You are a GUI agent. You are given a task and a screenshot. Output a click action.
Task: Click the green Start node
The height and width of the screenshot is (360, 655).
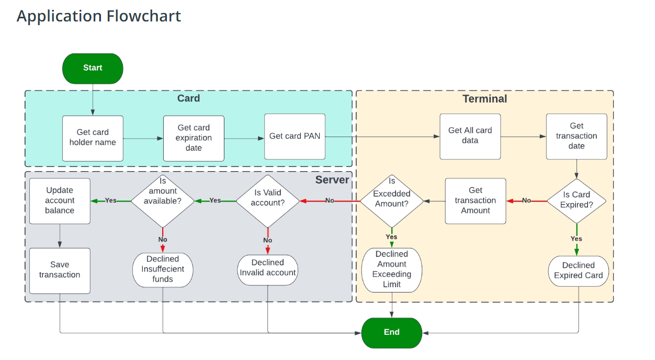point(93,68)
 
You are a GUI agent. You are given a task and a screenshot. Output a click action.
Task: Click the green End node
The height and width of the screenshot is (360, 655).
point(391,332)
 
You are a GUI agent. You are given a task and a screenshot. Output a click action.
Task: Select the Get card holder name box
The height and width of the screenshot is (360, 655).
point(93,138)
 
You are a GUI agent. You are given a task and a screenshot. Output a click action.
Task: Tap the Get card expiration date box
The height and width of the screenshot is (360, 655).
point(194,138)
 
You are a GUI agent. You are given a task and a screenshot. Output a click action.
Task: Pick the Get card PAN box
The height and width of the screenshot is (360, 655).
point(295,137)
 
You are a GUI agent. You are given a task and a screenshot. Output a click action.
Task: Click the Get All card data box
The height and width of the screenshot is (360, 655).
point(470,136)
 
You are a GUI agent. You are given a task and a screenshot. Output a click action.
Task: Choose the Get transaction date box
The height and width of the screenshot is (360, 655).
point(576,136)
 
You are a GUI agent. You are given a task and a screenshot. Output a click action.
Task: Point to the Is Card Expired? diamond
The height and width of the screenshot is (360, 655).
point(576,200)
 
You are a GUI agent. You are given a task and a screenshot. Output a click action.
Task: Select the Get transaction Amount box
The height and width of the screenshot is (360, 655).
point(475,201)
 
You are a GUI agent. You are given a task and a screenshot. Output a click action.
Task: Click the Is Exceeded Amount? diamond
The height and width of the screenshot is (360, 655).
point(391,201)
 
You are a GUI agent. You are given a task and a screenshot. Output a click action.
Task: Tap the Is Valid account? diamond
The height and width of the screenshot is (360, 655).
point(267,201)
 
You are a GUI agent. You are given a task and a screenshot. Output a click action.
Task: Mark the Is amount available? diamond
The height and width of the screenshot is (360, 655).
point(162,201)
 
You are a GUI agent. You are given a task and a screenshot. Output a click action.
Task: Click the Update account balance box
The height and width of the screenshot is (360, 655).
point(60,201)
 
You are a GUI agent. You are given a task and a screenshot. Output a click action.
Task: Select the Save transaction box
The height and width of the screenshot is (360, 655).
point(60,271)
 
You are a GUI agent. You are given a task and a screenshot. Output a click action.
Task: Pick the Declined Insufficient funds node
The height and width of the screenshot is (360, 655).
point(162,269)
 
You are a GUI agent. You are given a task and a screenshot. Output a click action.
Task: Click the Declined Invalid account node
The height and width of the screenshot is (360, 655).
point(267,269)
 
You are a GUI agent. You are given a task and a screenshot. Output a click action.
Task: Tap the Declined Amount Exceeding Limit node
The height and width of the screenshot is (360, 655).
point(391,270)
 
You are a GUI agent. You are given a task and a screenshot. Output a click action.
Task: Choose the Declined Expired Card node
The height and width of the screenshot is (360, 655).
point(578,271)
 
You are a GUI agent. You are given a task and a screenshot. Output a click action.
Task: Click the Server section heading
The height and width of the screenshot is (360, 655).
point(332,180)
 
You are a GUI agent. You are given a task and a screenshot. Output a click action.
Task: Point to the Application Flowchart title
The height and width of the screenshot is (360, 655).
point(99,16)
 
